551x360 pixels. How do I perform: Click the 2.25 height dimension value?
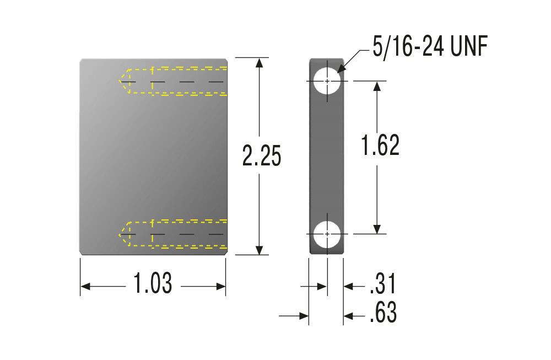point(262,155)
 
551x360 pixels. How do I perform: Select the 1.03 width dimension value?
point(153,283)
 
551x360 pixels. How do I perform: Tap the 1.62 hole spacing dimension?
point(380,145)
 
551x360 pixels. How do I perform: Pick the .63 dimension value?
point(383,312)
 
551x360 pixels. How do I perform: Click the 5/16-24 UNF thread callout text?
point(430,46)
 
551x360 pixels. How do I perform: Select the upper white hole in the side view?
point(327,81)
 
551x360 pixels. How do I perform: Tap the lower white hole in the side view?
point(327,234)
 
